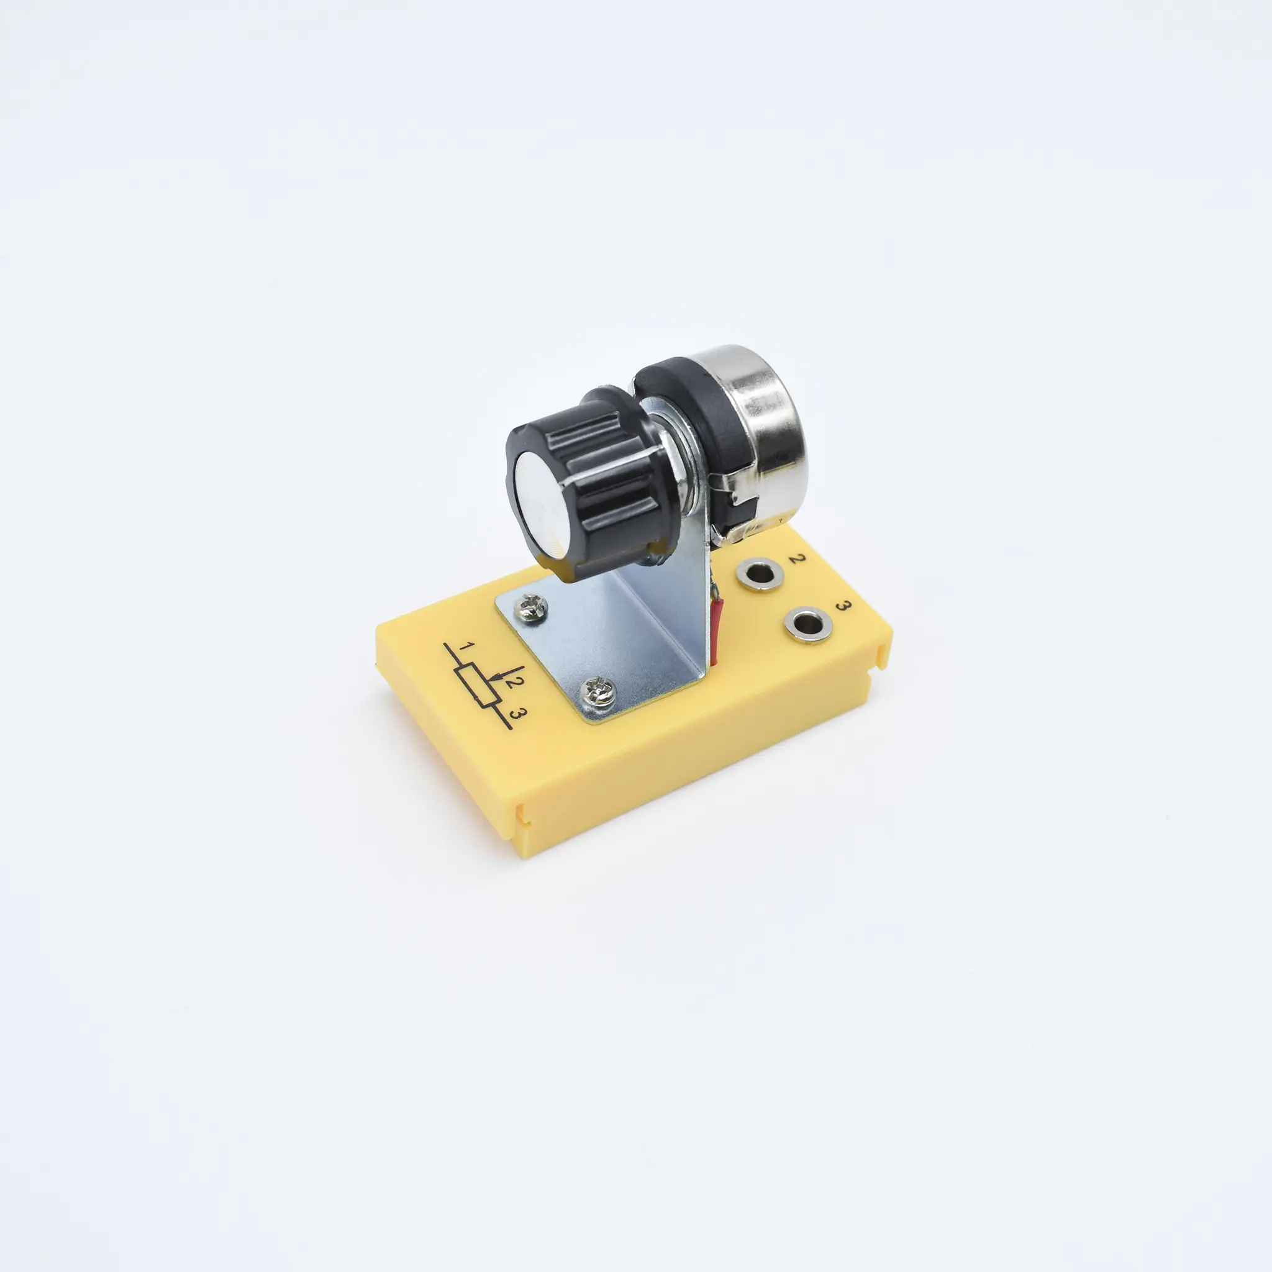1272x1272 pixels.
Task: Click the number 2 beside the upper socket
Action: tap(797, 559)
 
